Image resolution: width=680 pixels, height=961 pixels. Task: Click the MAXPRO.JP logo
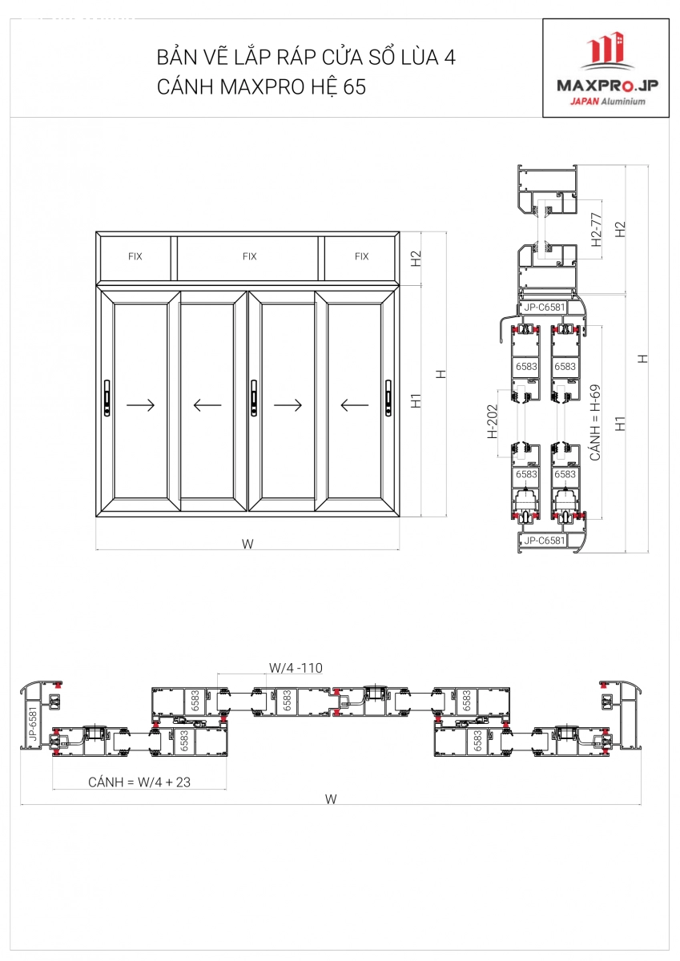pos(606,68)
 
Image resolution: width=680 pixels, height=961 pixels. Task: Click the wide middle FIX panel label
pos(249,257)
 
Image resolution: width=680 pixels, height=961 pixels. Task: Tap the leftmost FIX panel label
pos(135,257)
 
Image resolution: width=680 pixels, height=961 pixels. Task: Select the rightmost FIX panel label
pos(361,257)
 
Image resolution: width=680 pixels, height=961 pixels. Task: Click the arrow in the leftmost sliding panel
pos(141,405)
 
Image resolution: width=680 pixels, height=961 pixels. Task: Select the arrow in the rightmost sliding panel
pos(354,405)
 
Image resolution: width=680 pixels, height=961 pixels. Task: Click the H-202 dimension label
pos(493,422)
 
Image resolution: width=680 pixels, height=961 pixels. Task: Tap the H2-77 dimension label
pos(595,229)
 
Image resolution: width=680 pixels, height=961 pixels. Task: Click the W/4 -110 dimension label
pos(296,667)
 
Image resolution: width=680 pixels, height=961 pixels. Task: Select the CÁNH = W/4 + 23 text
pos(139,782)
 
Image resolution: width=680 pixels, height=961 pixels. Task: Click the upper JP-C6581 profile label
pos(545,307)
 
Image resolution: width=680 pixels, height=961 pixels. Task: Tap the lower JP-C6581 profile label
pos(545,541)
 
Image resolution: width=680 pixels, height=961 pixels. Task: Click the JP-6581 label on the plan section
pos(32,723)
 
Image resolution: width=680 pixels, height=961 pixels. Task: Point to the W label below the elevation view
pos(247,544)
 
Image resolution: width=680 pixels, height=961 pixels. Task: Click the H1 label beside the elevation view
pos(416,400)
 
